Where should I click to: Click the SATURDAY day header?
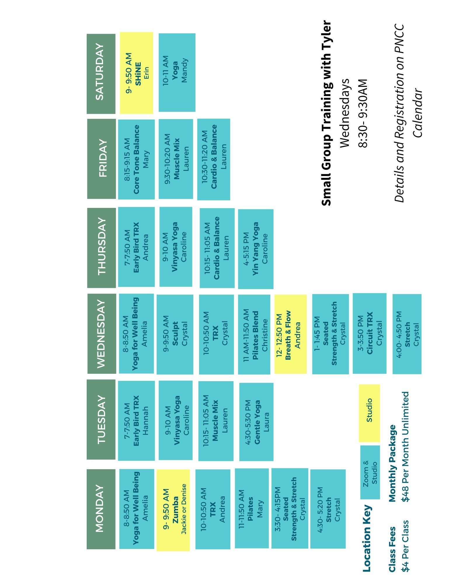pyautogui.click(x=101, y=74)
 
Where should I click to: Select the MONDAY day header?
pyautogui.click(x=101, y=508)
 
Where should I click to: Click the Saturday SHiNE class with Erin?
pyautogui.click(x=136, y=73)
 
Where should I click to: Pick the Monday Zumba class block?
pyautogui.click(x=173, y=510)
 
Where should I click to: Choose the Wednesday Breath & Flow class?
pyautogui.click(x=290, y=334)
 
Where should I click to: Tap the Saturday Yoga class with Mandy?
pyautogui.click(x=177, y=72)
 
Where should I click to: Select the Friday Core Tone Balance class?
pyautogui.click(x=136, y=159)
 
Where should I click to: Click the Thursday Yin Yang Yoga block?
pyautogui.click(x=256, y=249)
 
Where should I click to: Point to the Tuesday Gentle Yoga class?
pyautogui.click(x=256, y=422)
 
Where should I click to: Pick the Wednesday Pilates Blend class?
pyautogui.click(x=254, y=334)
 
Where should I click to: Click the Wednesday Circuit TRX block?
pyautogui.click(x=369, y=333)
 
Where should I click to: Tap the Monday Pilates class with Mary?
pyautogui.click(x=252, y=508)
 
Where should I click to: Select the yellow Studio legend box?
pyautogui.click(x=369, y=413)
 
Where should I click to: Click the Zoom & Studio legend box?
pyautogui.click(x=370, y=472)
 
